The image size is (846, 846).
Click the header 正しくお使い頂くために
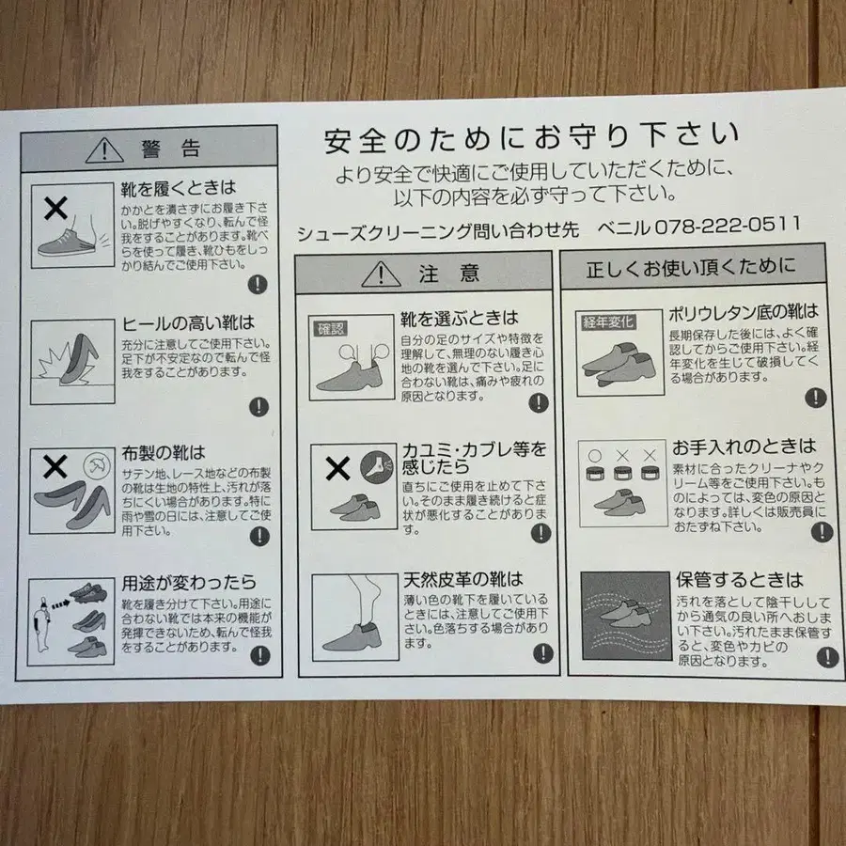click(x=691, y=268)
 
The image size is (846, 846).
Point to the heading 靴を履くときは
click(x=178, y=188)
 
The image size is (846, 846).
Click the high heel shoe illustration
click(x=72, y=362)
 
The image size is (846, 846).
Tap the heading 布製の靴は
click(x=163, y=454)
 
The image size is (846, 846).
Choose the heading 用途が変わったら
click(x=188, y=584)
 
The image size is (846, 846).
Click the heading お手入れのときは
click(x=742, y=446)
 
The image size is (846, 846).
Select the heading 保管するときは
click(x=739, y=579)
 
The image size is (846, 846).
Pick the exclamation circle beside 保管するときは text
click(x=826, y=657)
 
